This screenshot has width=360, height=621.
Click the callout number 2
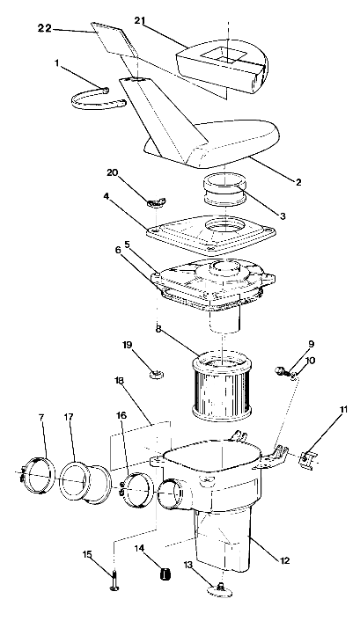point(298,182)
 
